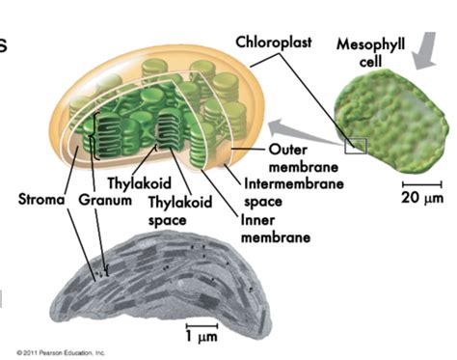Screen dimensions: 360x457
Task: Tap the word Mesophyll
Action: point(370,43)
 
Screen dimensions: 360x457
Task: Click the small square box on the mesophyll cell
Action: point(357,145)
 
